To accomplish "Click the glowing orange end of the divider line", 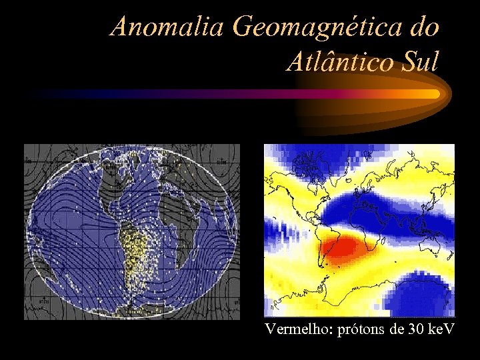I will pyautogui.click(x=427, y=94).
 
